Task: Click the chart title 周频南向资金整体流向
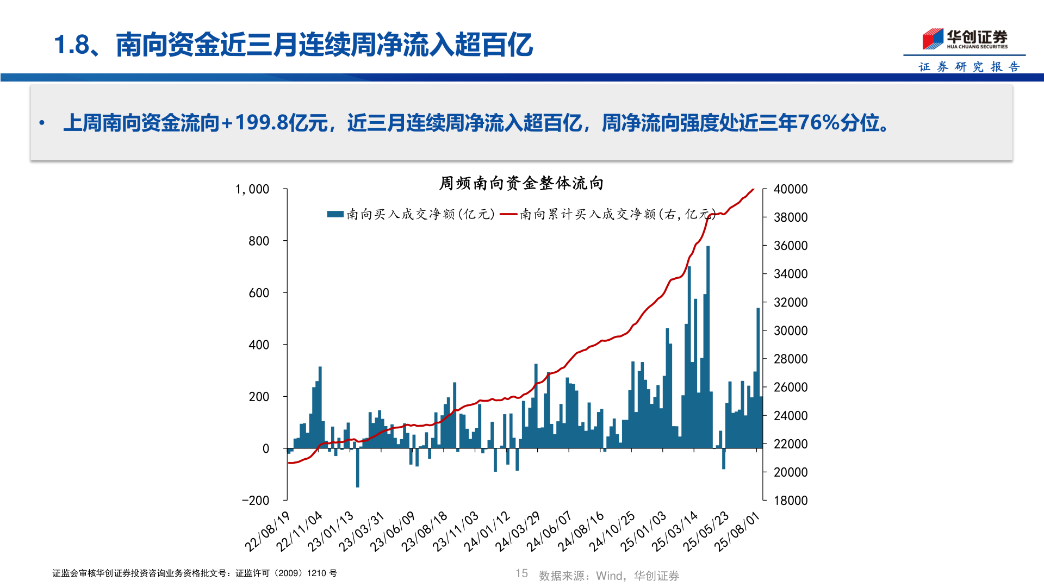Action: [521, 183]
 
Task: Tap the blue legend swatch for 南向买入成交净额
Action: [335, 214]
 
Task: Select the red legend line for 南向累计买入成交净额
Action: [508, 214]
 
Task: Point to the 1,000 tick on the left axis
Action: [252, 189]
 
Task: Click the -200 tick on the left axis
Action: [255, 501]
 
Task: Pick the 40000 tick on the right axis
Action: [790, 189]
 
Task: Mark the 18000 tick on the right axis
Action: [790, 501]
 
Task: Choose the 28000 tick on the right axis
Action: [790, 359]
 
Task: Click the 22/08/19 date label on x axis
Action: [267, 531]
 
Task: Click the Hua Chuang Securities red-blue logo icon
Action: [933, 39]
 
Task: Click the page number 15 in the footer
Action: [521, 573]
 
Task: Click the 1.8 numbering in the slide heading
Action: [71, 45]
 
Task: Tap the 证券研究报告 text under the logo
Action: [969, 67]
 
